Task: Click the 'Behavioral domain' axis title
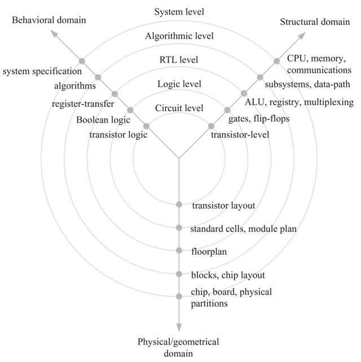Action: click(x=49, y=20)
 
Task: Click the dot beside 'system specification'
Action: click(x=82, y=61)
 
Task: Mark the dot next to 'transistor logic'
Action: click(x=147, y=126)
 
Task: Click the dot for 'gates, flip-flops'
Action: click(x=228, y=110)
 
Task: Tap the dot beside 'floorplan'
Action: click(x=179, y=250)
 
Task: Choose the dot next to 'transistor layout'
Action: click(x=179, y=204)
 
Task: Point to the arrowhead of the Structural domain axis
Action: click(x=302, y=36)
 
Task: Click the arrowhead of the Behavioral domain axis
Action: click(x=55, y=34)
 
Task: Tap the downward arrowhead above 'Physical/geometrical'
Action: click(x=179, y=328)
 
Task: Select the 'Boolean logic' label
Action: click(x=103, y=120)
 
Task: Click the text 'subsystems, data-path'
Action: click(x=307, y=85)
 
